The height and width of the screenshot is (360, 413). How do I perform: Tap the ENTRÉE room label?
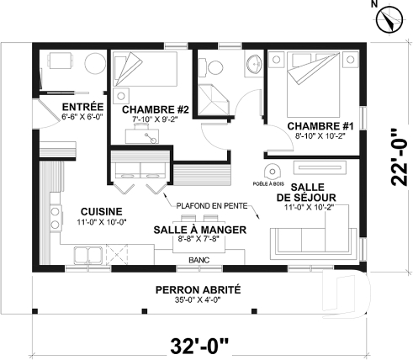click(x=82, y=107)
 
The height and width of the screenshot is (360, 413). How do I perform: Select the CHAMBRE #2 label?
click(x=154, y=109)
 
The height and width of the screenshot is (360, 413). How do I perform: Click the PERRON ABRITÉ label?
click(x=198, y=289)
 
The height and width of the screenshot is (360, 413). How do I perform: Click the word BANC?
click(x=199, y=260)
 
